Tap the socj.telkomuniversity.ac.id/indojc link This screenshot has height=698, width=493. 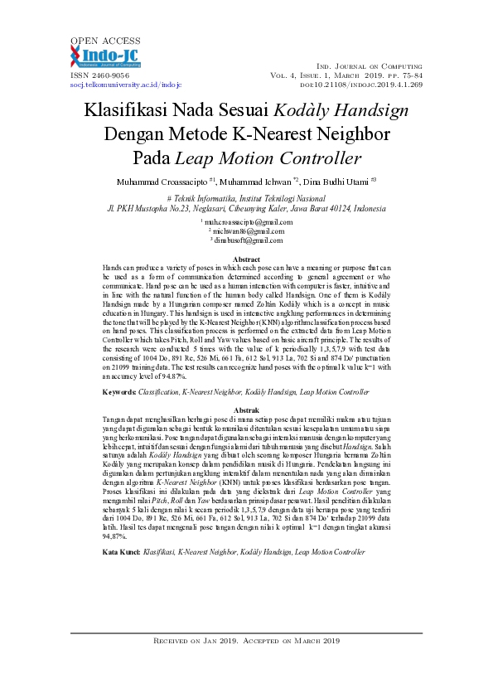[x=125, y=84]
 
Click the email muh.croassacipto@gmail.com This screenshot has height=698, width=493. [x=248, y=222]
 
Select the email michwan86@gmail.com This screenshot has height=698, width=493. [x=248, y=231]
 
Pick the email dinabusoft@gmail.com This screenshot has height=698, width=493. [x=248, y=240]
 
